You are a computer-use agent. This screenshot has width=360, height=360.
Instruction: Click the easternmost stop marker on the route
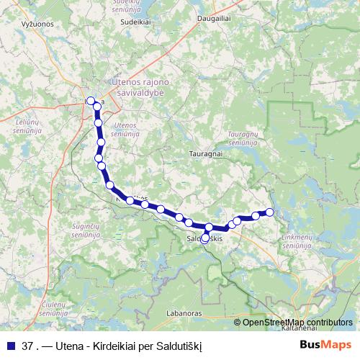pos(270,212)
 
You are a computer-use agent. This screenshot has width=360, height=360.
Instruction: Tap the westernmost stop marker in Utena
pos(90,102)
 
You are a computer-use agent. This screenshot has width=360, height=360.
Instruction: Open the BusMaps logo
pos(325,345)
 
